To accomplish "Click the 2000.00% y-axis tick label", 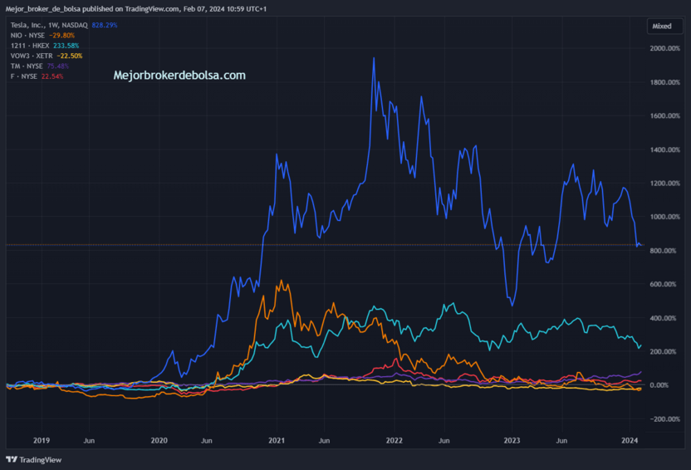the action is point(664,48).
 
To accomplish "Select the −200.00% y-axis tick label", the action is point(664,419).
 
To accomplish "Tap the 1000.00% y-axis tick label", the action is point(664,217).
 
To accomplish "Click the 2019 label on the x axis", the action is point(42,440).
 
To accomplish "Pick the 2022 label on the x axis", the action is point(394,440).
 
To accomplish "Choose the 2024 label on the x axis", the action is point(630,440).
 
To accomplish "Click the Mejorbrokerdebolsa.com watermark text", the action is point(179,76).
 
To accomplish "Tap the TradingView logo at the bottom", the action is point(34,459).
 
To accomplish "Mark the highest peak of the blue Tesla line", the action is point(374,57).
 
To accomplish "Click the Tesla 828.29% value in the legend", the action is point(105,25).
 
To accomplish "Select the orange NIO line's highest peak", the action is point(282,280).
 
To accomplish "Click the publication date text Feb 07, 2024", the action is point(205,9).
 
